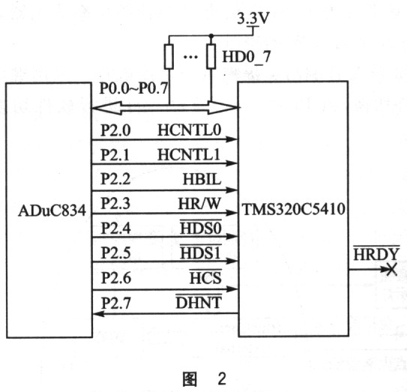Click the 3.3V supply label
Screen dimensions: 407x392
(253, 19)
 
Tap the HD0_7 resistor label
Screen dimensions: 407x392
(247, 57)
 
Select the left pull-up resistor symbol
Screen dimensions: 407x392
(169, 57)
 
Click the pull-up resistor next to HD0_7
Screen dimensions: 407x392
(211, 57)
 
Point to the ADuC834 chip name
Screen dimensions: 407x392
(52, 211)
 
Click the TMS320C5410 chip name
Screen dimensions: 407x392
(293, 209)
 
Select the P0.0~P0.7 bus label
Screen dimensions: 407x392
(134, 88)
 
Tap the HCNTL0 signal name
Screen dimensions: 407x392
(189, 130)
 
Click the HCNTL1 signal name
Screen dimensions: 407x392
(189, 154)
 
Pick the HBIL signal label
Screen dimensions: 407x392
(202, 179)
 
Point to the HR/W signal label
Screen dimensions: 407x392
(199, 204)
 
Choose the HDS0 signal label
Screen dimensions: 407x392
(201, 228)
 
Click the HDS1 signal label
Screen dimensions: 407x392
(200, 253)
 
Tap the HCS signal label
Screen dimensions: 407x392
(205, 277)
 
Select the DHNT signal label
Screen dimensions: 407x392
(199, 302)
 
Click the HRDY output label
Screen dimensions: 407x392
(376, 253)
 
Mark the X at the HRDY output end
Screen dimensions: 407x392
(392, 269)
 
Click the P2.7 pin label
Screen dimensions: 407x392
(115, 303)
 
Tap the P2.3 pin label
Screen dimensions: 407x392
(115, 203)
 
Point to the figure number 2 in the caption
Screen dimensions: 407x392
(222, 379)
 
